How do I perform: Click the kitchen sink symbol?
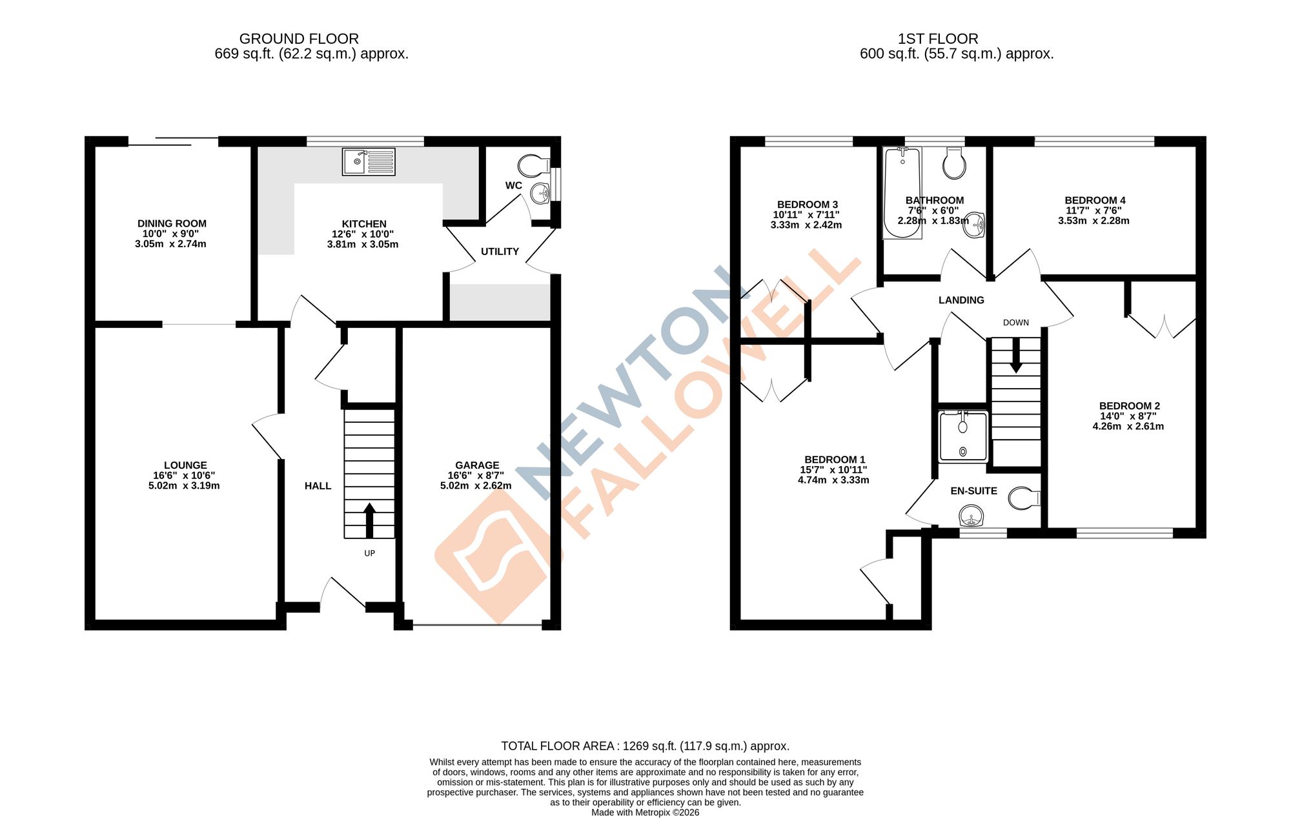point(369,161)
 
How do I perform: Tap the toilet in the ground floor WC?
point(533,165)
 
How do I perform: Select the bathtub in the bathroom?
point(902,192)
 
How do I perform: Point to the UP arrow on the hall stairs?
point(369,520)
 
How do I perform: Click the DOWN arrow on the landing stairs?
point(1016,356)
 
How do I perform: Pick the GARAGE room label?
point(477,465)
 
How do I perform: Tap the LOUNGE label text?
point(185,465)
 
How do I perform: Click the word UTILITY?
point(500,252)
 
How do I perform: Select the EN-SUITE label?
point(973,491)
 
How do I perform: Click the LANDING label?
point(961,300)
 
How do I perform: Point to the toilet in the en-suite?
point(1024,498)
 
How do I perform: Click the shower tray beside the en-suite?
point(963,437)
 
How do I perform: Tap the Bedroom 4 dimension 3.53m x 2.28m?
point(1093,221)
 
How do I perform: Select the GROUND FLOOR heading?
point(299,39)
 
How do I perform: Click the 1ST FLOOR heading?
point(938,39)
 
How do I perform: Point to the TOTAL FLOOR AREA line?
point(645,746)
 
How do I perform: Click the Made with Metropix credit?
point(645,812)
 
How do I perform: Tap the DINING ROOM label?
point(172,223)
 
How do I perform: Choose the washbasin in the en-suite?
point(971,516)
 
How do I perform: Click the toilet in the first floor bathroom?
point(954,164)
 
